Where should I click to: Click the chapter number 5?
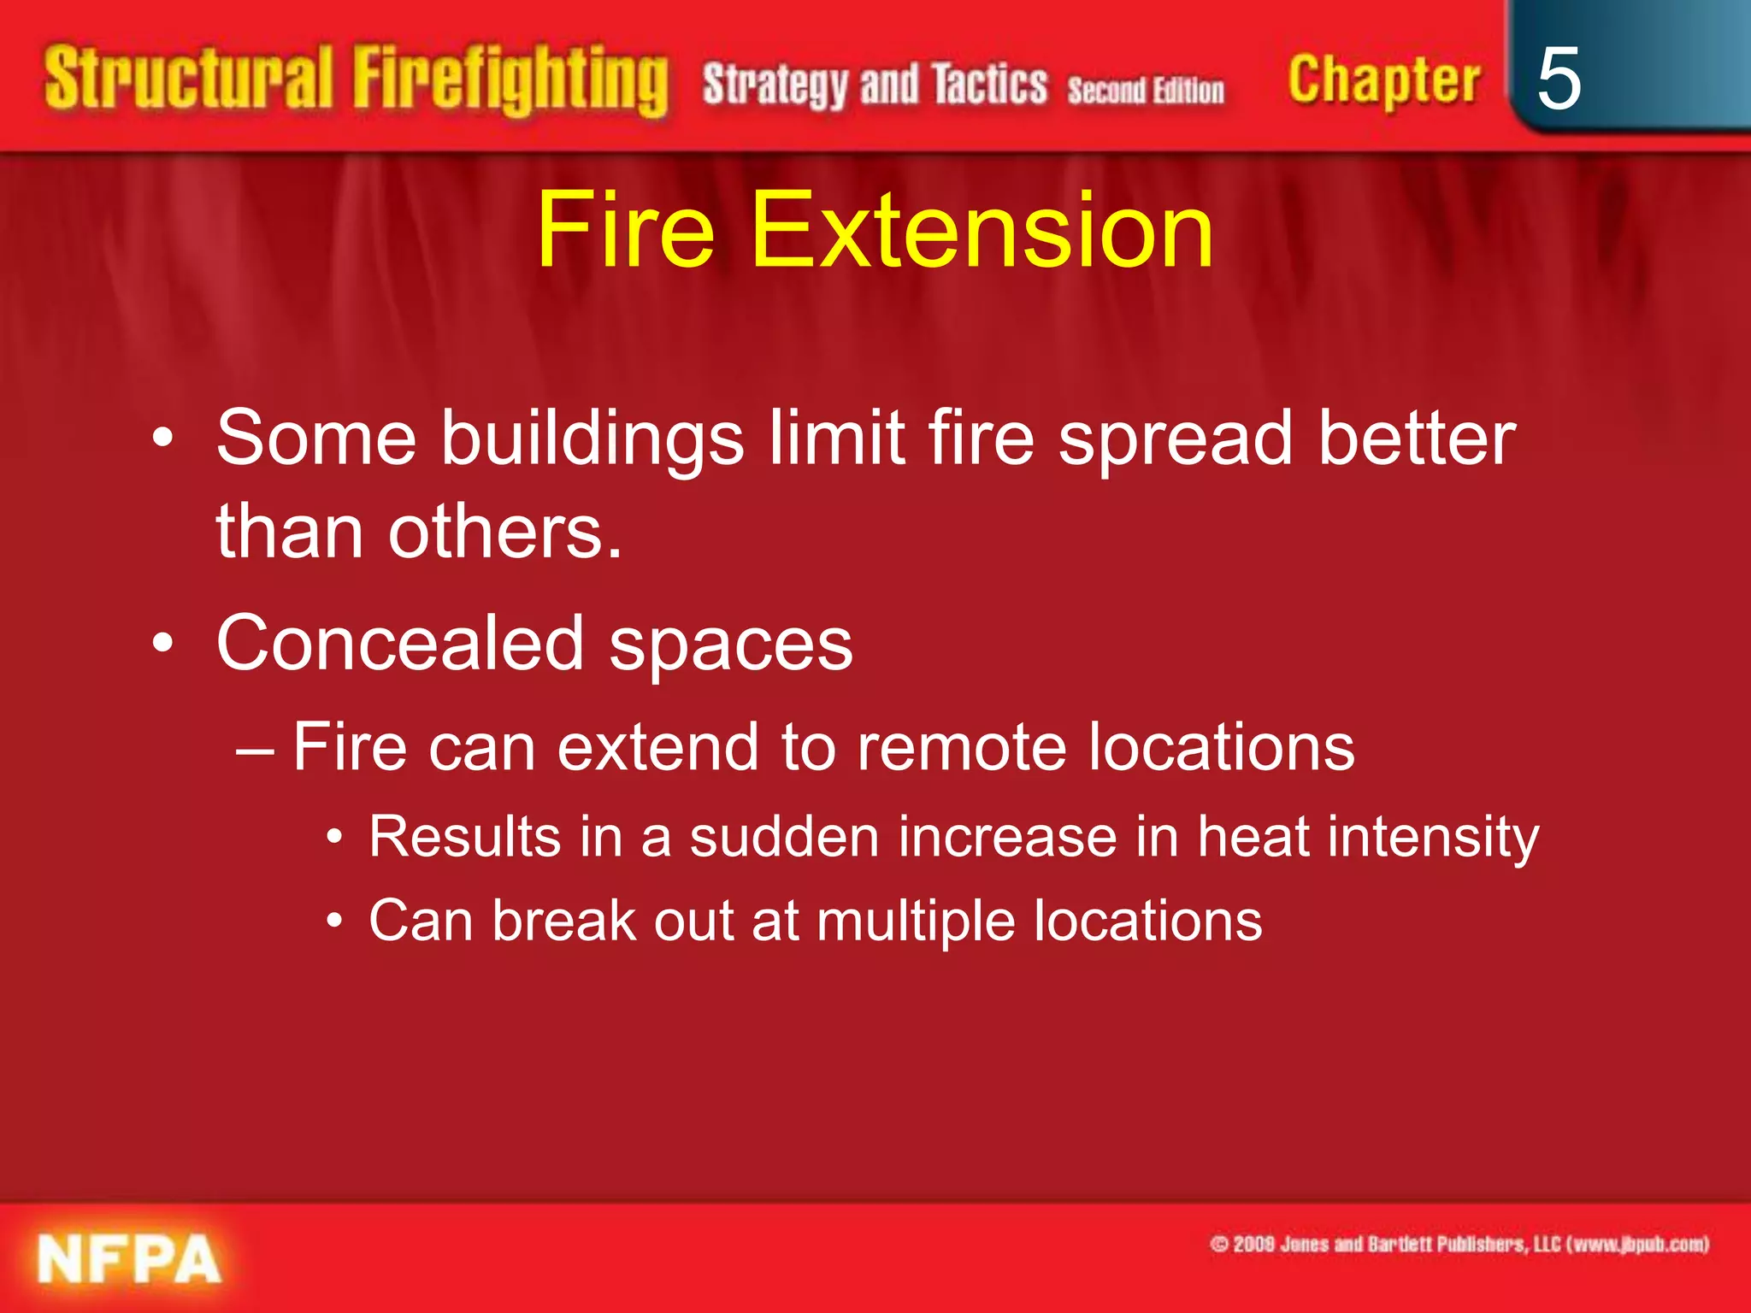1558,79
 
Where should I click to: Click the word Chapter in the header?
1383,80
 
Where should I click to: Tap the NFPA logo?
129,1259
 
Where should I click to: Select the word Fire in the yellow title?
625,230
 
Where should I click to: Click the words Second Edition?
1145,90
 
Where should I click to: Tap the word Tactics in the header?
989,85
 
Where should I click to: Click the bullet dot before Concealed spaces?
162,644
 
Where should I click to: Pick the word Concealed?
399,644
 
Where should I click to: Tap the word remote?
961,747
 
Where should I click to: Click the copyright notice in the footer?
1459,1244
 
